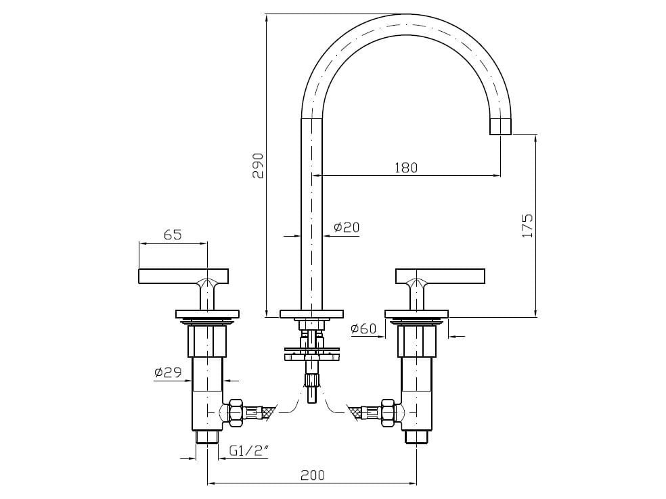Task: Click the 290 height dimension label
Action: pos(257,166)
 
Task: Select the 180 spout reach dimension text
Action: pos(406,168)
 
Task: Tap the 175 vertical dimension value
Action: pos(528,225)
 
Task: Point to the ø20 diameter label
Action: pos(347,228)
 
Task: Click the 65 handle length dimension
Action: pos(173,235)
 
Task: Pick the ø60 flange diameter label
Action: pos(363,329)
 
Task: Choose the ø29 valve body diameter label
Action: pos(167,372)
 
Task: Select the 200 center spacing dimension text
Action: pos(312,475)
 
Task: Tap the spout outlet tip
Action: pos(500,126)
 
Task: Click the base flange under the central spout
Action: pos(312,314)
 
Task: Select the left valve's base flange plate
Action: pos(208,314)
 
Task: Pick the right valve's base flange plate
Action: pos(416,314)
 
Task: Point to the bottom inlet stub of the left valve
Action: pos(207,437)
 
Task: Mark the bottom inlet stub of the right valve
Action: pos(416,437)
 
